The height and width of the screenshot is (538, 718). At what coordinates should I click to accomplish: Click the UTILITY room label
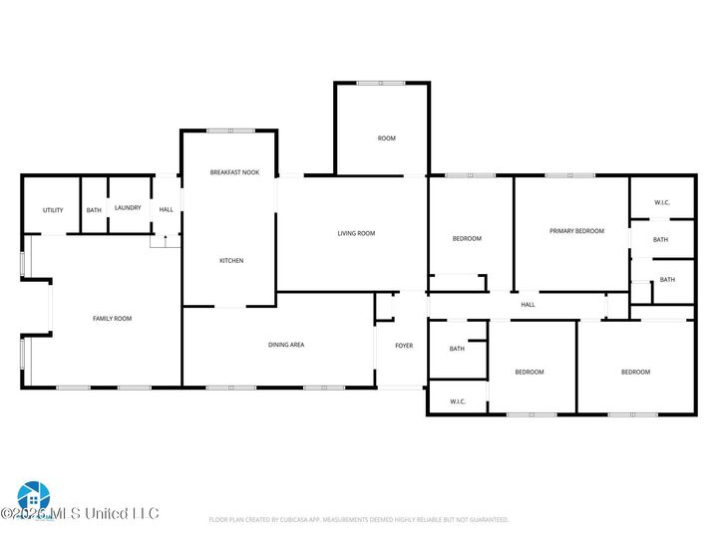pyautogui.click(x=53, y=210)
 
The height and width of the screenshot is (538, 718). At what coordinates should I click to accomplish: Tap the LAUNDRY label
pyautogui.click(x=128, y=208)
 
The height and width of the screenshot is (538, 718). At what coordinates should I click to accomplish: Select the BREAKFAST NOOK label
pyautogui.click(x=234, y=172)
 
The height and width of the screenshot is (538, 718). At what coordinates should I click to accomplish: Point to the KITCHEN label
pyautogui.click(x=231, y=261)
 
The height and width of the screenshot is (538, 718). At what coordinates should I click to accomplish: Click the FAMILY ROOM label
pyautogui.click(x=112, y=319)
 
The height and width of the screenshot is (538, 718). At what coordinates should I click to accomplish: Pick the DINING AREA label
pyautogui.click(x=286, y=345)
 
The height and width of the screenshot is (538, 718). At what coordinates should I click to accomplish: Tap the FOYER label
pyautogui.click(x=404, y=346)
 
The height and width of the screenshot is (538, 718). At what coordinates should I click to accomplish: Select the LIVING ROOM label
pyautogui.click(x=356, y=233)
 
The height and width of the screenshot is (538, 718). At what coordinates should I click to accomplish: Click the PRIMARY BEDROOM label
pyautogui.click(x=576, y=231)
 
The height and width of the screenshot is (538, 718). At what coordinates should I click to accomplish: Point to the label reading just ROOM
pyautogui.click(x=386, y=138)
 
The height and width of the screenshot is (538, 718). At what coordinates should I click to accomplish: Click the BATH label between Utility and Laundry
pyautogui.click(x=94, y=210)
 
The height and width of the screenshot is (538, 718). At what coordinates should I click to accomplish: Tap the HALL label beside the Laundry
pyautogui.click(x=167, y=209)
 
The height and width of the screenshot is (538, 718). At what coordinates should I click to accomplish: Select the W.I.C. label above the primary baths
pyautogui.click(x=662, y=203)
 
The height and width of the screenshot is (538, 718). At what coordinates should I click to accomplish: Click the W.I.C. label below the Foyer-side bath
pyautogui.click(x=458, y=402)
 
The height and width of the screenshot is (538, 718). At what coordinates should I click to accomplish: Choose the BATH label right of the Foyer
pyautogui.click(x=457, y=349)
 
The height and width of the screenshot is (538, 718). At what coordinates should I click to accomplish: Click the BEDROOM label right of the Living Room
pyautogui.click(x=467, y=239)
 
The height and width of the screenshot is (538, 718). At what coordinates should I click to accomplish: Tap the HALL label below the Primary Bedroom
pyautogui.click(x=528, y=305)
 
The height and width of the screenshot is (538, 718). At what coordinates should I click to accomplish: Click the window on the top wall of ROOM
pyautogui.click(x=381, y=83)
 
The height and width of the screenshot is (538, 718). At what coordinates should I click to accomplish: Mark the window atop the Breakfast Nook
pyautogui.click(x=230, y=131)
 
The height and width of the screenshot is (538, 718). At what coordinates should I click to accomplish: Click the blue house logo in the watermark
pyautogui.click(x=33, y=495)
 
